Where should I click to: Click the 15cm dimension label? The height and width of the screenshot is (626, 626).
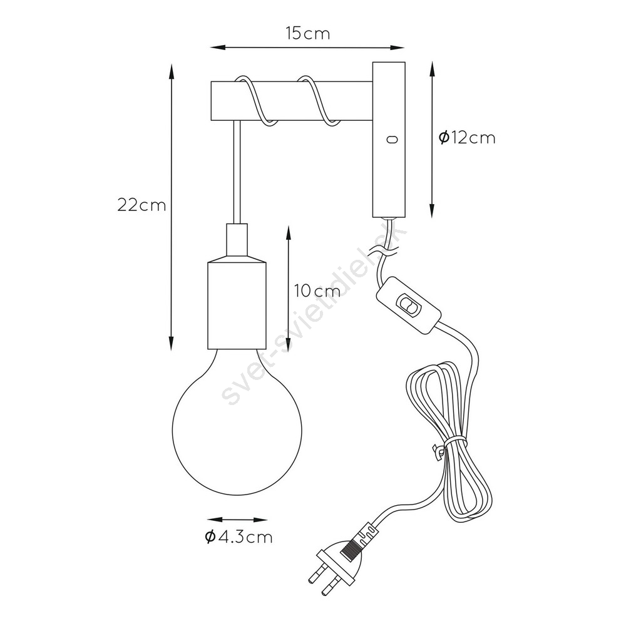pyautogui.click(x=308, y=34)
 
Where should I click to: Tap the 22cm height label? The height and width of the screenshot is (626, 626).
pyautogui.click(x=141, y=205)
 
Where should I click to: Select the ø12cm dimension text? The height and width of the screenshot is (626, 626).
pyautogui.click(x=467, y=138)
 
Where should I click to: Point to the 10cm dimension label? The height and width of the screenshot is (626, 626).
pyautogui.click(x=317, y=292)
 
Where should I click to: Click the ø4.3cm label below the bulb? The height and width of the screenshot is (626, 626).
pyautogui.click(x=239, y=537)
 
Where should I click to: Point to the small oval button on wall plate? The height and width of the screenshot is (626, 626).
pyautogui.click(x=392, y=140)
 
